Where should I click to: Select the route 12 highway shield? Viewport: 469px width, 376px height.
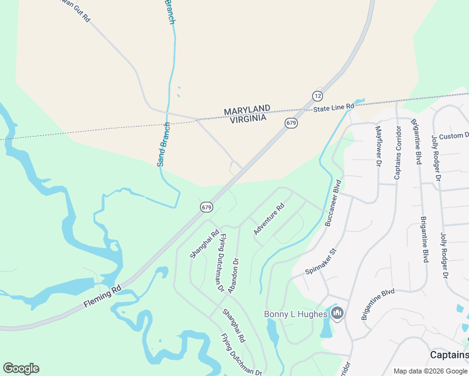(317, 96)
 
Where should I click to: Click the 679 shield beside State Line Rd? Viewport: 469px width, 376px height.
(290, 123)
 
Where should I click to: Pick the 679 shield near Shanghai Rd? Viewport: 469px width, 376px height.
(207, 206)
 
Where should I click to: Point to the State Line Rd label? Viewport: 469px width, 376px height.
(334, 108)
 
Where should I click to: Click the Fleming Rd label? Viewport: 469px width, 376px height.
(102, 298)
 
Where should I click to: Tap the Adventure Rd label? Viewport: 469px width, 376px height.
(269, 219)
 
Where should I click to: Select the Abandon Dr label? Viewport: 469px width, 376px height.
(233, 276)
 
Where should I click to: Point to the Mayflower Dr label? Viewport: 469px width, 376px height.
(378, 146)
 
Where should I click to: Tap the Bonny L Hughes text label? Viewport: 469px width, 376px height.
(296, 314)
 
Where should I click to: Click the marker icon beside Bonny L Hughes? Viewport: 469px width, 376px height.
(337, 313)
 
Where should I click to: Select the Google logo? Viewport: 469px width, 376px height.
(21, 368)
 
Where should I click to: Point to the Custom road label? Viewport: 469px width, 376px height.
(453, 136)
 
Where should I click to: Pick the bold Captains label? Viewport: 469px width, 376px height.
(449, 355)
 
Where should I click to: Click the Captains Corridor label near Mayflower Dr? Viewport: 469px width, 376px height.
(397, 152)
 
